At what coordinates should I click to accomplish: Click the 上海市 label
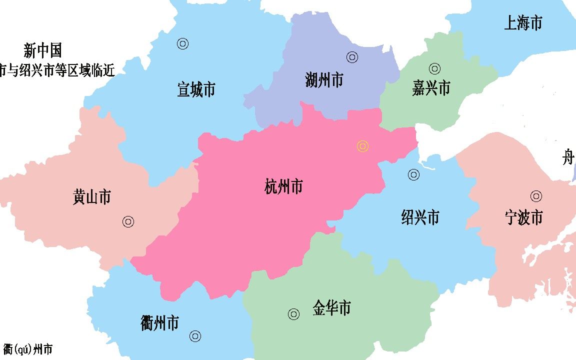[523, 23]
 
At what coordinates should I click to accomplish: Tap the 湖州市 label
[324, 80]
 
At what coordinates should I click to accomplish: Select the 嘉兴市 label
[431, 88]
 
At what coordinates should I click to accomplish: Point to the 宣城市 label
[196, 90]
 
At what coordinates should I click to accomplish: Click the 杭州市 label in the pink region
[283, 187]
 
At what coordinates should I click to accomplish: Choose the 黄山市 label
[91, 197]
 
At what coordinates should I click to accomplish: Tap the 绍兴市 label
[420, 217]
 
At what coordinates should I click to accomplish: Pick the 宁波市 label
[523, 217]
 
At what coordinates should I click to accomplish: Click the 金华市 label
[331, 307]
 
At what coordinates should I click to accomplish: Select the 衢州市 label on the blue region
[159, 323]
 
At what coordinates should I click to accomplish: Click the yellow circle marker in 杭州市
[363, 146]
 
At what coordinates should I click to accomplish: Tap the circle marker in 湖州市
[352, 57]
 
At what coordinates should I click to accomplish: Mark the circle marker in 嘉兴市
[434, 68]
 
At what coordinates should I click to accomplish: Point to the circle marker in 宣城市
[182, 44]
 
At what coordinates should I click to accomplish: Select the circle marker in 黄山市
[128, 222]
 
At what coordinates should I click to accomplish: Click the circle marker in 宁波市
[536, 196]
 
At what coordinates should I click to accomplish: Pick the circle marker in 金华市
[293, 314]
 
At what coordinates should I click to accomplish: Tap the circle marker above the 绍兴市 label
[413, 175]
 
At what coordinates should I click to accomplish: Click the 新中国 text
[42, 50]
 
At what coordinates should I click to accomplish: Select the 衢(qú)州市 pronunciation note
[28, 349]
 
